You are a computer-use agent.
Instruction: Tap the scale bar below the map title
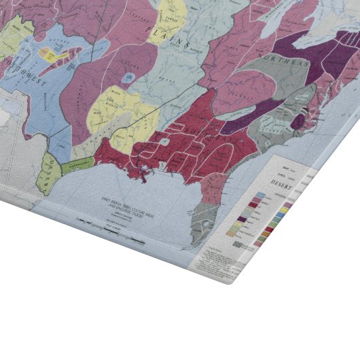[x=95, y=222]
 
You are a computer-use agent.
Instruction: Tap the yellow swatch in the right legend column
[x=284, y=211]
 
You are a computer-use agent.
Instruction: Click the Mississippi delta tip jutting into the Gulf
[x=143, y=177]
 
